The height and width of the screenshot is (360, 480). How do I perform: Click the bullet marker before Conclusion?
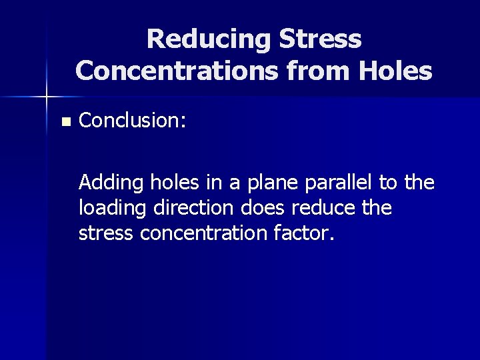click(x=65, y=122)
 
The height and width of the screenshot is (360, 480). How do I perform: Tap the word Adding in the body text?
click(x=104, y=182)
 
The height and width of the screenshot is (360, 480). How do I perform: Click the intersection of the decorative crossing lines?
click(x=47, y=97)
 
